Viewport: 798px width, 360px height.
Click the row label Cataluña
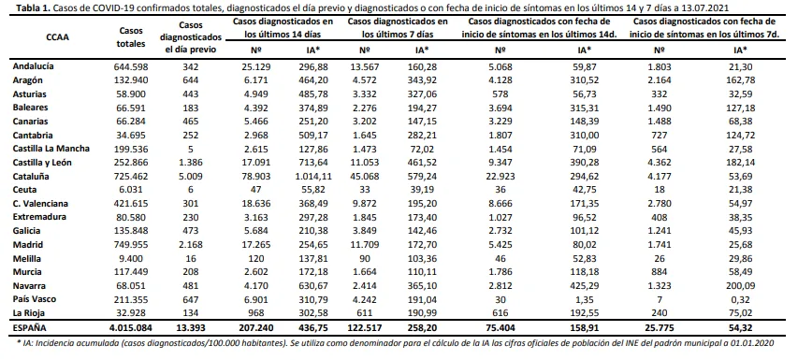[29, 177]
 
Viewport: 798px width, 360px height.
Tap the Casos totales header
[131, 36]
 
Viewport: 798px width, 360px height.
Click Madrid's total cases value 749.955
[131, 245]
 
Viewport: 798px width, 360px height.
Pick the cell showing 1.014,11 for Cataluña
[311, 177]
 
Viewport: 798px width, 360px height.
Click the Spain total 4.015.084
[131, 329]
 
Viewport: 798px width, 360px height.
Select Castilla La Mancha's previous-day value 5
[190, 149]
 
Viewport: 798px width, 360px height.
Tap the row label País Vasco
[32, 299]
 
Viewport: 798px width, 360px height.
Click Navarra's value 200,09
[740, 286]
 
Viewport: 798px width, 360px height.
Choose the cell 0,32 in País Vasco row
[740, 299]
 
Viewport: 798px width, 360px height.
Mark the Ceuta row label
[23, 190]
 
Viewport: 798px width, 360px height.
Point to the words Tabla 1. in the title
[33, 8]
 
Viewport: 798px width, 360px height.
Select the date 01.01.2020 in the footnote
[756, 344]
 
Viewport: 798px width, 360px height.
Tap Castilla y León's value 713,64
[311, 163]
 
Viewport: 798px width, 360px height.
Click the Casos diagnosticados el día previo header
[190, 37]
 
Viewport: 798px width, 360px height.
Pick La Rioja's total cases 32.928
[131, 313]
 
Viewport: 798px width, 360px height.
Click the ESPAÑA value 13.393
[190, 329]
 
